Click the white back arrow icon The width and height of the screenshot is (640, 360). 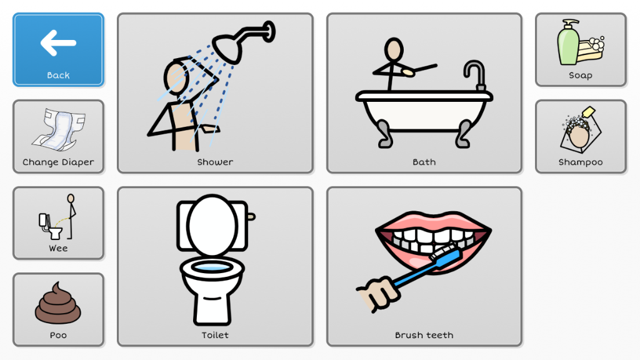[58, 42]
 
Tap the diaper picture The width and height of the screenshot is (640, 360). [59, 130]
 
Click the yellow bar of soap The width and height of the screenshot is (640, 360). [591, 51]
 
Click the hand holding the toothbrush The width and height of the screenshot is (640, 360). [378, 294]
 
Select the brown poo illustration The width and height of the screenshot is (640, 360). [58, 303]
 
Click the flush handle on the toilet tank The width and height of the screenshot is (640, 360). [251, 216]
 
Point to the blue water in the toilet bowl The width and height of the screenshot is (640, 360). [212, 267]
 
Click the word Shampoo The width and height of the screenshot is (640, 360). [581, 162]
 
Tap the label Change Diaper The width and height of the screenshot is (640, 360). [58, 162]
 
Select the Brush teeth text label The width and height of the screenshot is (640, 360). [424, 335]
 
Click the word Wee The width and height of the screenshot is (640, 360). [58, 248]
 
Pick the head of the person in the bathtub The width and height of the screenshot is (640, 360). [394, 50]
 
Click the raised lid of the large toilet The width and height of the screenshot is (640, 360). [212, 225]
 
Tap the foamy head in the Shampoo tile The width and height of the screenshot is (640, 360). [578, 131]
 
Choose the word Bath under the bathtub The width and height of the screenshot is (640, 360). [424, 162]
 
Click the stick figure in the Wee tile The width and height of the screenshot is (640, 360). [71, 216]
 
